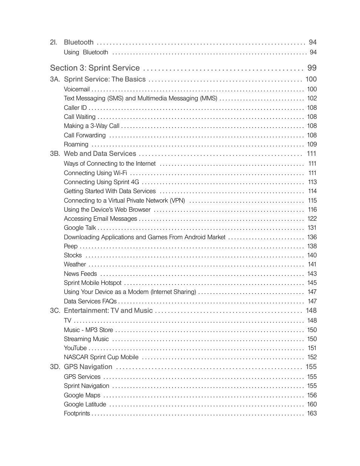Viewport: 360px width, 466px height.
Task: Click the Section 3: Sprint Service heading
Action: pos(95,68)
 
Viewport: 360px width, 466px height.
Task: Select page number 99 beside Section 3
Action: pos(312,68)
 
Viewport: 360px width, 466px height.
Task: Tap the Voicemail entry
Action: pos(77,89)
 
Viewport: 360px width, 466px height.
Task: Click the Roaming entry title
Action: pos(76,145)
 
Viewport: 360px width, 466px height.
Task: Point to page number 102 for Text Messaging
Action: pos(312,98)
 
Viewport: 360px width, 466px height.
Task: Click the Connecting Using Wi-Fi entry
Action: pos(95,173)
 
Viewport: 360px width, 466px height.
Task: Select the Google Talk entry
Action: pos(80,228)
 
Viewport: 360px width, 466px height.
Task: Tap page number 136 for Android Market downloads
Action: pos(312,237)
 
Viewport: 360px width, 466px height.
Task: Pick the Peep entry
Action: pos(71,246)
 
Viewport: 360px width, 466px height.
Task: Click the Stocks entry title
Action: pos(72,255)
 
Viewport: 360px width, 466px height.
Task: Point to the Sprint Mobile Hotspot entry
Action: pos(92,283)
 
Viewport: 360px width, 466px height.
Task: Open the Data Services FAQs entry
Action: pos(90,301)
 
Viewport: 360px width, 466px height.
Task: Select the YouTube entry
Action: pos(75,348)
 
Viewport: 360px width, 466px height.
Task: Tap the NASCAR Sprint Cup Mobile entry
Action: pos(101,357)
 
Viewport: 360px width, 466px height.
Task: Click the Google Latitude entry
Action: pos(85,404)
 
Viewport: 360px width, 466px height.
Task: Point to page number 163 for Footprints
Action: pos(312,414)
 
